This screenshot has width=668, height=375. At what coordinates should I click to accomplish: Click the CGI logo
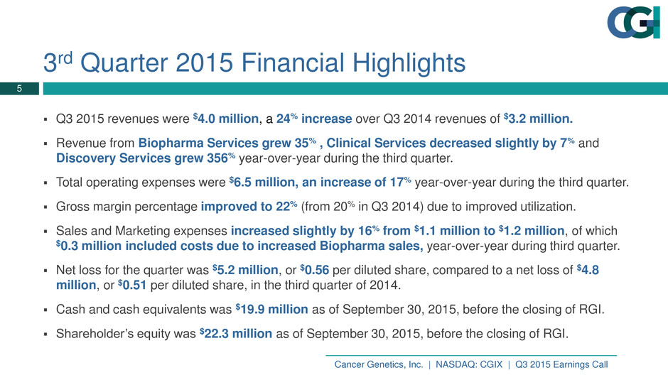[x=633, y=22]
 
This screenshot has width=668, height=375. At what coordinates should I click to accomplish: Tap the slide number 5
[x=19, y=89]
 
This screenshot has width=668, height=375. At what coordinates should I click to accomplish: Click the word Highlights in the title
[x=409, y=62]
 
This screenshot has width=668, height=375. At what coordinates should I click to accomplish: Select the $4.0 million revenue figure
[x=226, y=119]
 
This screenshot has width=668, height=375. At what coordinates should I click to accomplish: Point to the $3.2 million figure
[x=538, y=119]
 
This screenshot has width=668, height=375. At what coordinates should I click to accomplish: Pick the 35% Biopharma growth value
[x=305, y=143]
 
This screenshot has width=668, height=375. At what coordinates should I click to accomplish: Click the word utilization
[x=540, y=207]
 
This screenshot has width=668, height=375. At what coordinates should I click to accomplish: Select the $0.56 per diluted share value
[x=314, y=270]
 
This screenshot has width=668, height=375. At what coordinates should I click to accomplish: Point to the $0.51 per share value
[x=132, y=285]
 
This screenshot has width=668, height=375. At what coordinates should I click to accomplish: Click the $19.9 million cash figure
[x=271, y=309]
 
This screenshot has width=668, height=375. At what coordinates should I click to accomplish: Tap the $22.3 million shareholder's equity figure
[x=236, y=333]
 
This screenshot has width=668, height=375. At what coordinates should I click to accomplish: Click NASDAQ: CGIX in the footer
[x=468, y=364]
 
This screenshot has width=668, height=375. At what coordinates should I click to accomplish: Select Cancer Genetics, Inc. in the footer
[x=379, y=364]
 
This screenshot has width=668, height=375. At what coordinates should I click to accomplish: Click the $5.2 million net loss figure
[x=245, y=270]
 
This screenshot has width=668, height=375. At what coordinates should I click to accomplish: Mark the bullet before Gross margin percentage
[x=45, y=207]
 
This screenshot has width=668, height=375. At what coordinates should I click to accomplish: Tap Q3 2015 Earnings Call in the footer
[x=561, y=364]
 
